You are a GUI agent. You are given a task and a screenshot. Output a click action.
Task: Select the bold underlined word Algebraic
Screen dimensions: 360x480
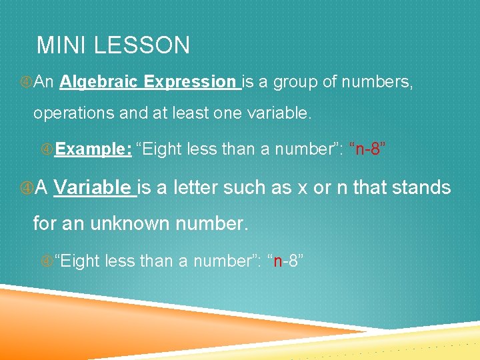[99, 82]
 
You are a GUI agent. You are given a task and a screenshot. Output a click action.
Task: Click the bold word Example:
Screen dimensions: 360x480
[93, 149]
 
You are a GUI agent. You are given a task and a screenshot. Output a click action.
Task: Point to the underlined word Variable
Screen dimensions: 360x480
[94, 188]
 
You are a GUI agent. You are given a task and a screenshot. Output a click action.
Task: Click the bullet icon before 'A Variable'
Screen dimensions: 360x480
[26, 188]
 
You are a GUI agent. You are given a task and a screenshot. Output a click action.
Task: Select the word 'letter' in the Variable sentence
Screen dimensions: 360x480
[199, 188]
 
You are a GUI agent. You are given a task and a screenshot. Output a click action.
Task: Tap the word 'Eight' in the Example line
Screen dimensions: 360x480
[162, 149]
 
